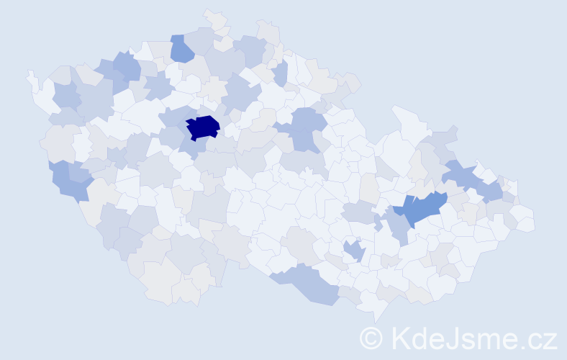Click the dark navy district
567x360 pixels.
click(x=202, y=127)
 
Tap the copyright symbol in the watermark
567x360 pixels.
click(x=371, y=338)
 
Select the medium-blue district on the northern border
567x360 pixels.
click(x=181, y=48)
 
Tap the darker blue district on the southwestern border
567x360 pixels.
click(x=72, y=184)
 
